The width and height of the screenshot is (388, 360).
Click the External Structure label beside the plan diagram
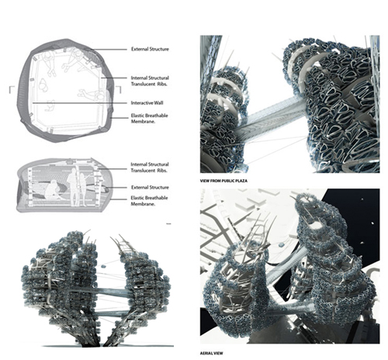tap(150, 49)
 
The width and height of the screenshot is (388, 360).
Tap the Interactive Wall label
tap(147, 103)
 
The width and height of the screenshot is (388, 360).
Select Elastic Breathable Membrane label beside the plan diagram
tap(149, 119)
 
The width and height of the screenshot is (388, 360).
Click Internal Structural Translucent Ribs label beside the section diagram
tap(150, 168)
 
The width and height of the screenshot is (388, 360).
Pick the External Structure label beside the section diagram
tap(150, 187)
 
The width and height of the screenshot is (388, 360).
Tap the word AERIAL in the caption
tap(206, 353)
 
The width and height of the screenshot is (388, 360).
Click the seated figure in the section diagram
tap(52, 192)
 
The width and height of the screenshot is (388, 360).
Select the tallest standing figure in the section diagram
tap(73, 186)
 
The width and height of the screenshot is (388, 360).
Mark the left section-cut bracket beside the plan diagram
tap(11, 90)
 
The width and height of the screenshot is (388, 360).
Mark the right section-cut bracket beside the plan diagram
tap(120, 90)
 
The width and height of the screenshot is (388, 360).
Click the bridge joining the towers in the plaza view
tap(272, 116)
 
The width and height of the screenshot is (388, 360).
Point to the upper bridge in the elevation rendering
tap(110, 292)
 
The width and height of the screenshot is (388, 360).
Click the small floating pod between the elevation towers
tap(103, 266)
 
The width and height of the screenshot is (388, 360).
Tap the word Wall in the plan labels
tap(158, 103)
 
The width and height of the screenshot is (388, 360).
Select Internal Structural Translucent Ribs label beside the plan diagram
tap(150, 81)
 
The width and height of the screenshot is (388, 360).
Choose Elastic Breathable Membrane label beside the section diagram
tap(149, 201)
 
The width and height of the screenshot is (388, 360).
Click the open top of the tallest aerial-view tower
tap(307, 200)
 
